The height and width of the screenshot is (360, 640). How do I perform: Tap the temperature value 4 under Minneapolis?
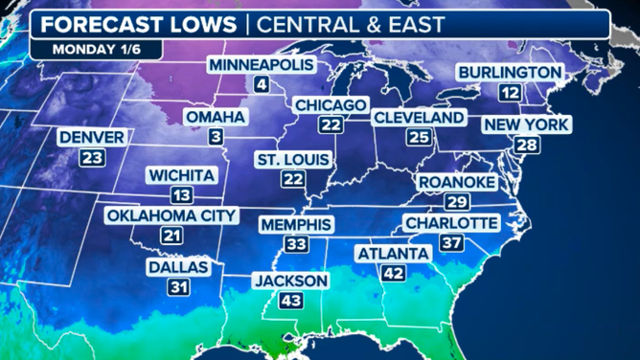261,85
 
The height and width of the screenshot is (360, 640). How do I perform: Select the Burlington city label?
509,72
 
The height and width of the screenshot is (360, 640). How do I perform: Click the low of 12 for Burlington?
510,93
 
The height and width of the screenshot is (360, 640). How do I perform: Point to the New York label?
526,124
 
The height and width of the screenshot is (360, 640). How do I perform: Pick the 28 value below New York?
526,146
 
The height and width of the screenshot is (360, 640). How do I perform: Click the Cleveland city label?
419,117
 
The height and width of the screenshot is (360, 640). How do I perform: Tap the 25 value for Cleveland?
418,138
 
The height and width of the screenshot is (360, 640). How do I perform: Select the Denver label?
91,138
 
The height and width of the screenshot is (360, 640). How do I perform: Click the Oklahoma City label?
171,215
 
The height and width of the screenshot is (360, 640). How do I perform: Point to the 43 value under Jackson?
290,302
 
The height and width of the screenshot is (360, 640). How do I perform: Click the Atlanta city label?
392,254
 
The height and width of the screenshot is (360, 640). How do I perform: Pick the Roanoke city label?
456,182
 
